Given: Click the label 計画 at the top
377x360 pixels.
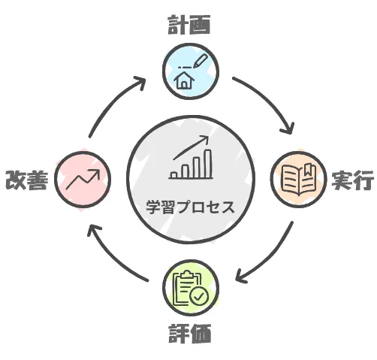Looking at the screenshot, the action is tap(189, 24).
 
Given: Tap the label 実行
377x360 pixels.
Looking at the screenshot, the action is tap(353, 180).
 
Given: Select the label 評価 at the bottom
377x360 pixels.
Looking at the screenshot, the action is tap(190, 333).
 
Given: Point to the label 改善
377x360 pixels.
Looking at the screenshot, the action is tap(27, 180).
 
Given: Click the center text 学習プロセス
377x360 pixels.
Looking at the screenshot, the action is tap(191, 207).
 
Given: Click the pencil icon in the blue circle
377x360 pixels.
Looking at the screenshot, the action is tap(201, 61).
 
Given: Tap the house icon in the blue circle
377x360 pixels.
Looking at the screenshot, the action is tap(184, 80).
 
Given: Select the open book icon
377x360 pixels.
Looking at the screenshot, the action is tap(298, 179).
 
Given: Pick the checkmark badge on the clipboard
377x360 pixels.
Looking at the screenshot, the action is tap(199, 296).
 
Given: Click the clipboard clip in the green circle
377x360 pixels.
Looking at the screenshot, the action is tap(188, 274).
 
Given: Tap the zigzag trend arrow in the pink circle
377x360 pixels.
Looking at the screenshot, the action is tap(83, 179).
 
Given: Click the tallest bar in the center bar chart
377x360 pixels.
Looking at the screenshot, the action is tap(208, 163).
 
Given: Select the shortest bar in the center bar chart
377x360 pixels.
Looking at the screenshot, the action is tap(174, 174).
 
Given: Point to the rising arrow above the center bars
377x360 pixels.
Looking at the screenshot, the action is tap(191, 147).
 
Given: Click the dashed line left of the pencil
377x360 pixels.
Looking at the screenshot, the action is tap(185, 68).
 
